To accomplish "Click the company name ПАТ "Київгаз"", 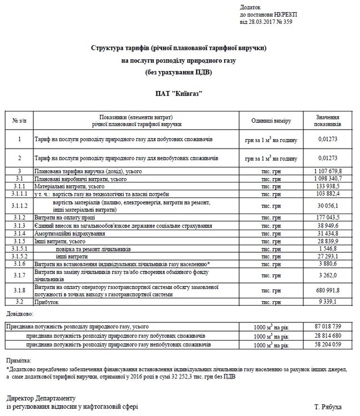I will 180,94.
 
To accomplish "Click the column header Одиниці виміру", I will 271,121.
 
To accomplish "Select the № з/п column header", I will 19,121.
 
